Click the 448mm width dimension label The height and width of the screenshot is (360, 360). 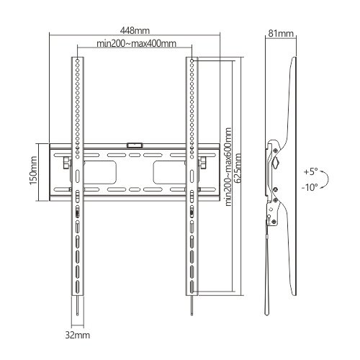click(135, 31)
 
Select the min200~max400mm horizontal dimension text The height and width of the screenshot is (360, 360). click(136, 44)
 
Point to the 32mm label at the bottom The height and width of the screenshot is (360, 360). click(76, 335)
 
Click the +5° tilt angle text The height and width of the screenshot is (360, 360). click(310, 172)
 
